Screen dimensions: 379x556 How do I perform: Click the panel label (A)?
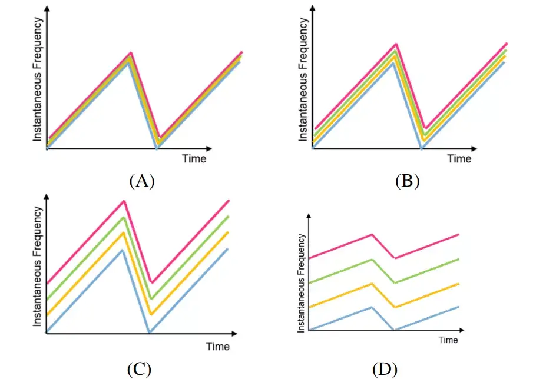141,181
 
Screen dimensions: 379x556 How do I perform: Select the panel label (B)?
407,181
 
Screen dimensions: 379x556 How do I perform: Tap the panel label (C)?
139,370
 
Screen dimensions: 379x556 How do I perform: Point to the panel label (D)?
385,370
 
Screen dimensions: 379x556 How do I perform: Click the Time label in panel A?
194,158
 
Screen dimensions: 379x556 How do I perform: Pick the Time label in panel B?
459,158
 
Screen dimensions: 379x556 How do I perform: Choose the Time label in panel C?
217,346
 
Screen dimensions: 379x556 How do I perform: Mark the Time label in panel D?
448,340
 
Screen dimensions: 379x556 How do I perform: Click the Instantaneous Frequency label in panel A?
37,79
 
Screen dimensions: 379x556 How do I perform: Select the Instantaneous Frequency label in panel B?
303,79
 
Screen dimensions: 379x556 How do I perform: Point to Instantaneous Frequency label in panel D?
302,282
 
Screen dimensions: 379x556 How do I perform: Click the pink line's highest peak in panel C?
124,201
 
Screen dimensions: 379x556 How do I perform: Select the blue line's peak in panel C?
122,250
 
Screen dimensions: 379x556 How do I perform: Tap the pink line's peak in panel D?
372,234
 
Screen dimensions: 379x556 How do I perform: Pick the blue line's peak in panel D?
372,307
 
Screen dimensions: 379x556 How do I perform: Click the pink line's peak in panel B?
396,44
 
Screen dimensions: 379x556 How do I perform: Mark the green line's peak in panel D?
372,260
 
